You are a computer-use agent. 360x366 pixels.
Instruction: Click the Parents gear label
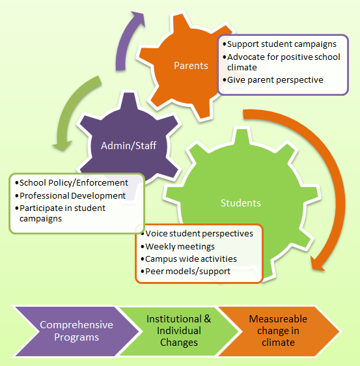click(191, 66)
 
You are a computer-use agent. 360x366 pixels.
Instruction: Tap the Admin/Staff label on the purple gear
click(128, 146)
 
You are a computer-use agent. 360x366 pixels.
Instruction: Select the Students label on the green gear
click(241, 203)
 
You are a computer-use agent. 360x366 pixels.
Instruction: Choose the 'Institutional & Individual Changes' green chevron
click(179, 331)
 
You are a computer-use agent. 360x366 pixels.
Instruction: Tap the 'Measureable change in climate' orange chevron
click(278, 331)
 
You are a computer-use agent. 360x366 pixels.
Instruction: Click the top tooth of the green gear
click(242, 137)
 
